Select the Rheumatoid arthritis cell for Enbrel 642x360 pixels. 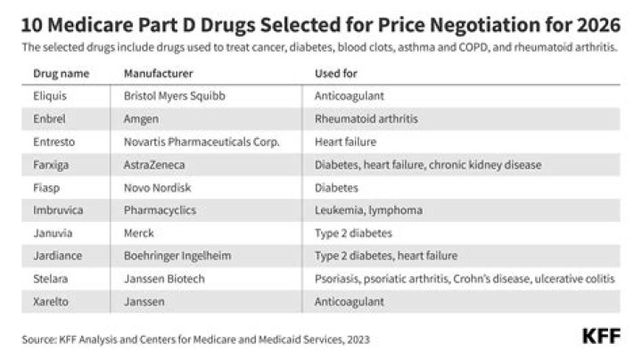click(x=366, y=117)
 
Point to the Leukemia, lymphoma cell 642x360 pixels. click(x=362, y=210)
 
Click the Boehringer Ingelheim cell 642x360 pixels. click(x=172, y=257)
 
